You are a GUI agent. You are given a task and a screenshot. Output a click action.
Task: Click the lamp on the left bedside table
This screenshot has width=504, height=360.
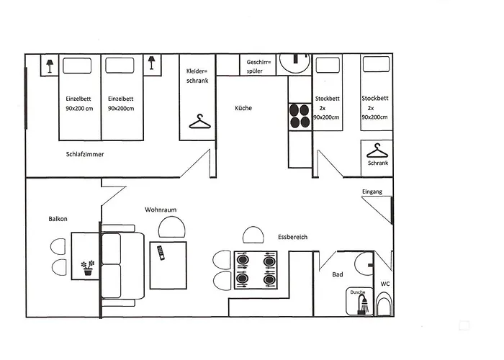click(49, 66)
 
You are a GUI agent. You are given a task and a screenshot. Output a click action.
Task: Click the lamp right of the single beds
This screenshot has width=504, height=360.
click(152, 63)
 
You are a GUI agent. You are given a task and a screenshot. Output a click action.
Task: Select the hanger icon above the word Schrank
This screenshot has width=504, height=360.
click(377, 151)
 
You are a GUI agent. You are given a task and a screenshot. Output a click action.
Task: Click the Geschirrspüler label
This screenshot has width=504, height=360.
click(258, 66)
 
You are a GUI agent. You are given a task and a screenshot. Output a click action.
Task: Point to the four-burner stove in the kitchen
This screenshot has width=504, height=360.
click(300, 117)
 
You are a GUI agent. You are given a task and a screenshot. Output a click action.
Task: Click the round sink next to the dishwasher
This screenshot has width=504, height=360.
click(294, 64)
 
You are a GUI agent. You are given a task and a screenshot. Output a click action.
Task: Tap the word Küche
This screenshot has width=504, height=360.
click(243, 108)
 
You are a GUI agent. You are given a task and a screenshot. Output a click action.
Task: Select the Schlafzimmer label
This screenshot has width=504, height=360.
click(84, 154)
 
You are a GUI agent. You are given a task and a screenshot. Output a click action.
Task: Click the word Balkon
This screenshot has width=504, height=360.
click(58, 218)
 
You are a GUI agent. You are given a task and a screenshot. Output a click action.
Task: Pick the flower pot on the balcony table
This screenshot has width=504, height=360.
click(88, 269)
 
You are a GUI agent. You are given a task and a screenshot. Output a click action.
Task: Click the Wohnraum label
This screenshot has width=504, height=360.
click(161, 210)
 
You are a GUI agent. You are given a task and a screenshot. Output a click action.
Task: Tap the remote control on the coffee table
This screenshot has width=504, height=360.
click(161, 252)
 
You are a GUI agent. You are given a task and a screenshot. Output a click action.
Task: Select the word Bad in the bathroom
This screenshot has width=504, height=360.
click(337, 274)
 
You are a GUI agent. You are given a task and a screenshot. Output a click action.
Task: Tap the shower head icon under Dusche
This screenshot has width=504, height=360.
click(361, 305)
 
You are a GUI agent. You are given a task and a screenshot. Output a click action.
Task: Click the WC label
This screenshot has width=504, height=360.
click(385, 283)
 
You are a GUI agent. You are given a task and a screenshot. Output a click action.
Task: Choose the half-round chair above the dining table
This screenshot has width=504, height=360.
click(253, 235)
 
